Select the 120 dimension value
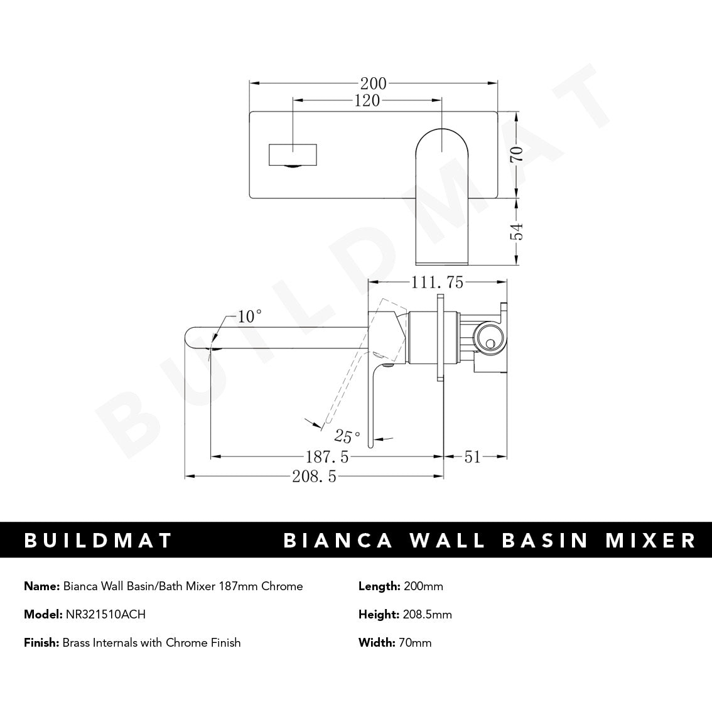[x=367, y=100]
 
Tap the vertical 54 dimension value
[x=516, y=232]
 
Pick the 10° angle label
[x=249, y=316]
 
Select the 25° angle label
[x=347, y=436]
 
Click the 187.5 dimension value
[x=326, y=457]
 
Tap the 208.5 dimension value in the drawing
[x=315, y=477]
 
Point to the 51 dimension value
[x=472, y=457]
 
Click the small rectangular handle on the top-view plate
[x=293, y=154]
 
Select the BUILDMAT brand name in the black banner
[x=98, y=540]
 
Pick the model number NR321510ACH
[x=105, y=615]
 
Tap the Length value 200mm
[x=423, y=586]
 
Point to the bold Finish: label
[x=41, y=642]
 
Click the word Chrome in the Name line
[x=282, y=586]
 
